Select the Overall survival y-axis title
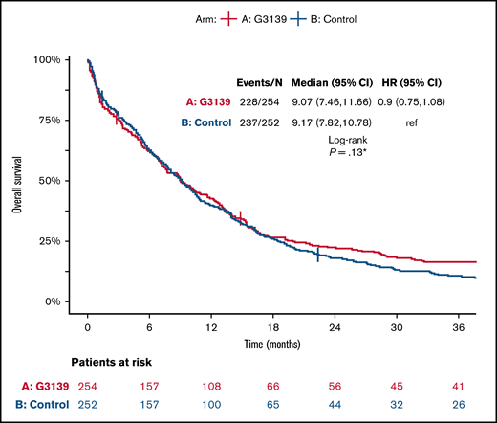pyautogui.click(x=17, y=179)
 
